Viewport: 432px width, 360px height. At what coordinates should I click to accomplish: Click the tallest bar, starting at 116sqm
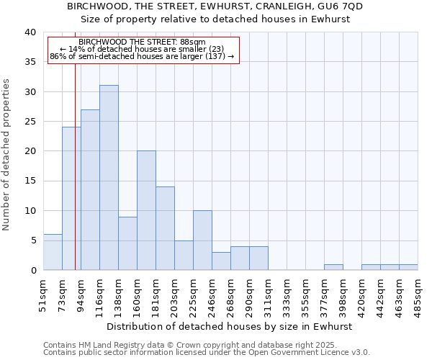point(109,178)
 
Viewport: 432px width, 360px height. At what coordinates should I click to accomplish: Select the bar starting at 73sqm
point(71,199)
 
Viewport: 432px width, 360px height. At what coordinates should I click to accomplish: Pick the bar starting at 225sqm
point(202,240)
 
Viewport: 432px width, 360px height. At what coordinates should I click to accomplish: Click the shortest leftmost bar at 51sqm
point(53,252)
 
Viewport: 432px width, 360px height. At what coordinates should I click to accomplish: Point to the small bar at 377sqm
point(333,267)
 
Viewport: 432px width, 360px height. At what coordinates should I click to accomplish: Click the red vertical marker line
point(75,180)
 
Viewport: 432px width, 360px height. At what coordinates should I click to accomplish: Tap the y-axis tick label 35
point(30,62)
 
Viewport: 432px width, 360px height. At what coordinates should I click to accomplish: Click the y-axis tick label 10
point(30,211)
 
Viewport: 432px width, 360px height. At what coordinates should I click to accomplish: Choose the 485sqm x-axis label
point(418,296)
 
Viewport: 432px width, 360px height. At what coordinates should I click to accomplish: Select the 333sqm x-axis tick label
point(287,296)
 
